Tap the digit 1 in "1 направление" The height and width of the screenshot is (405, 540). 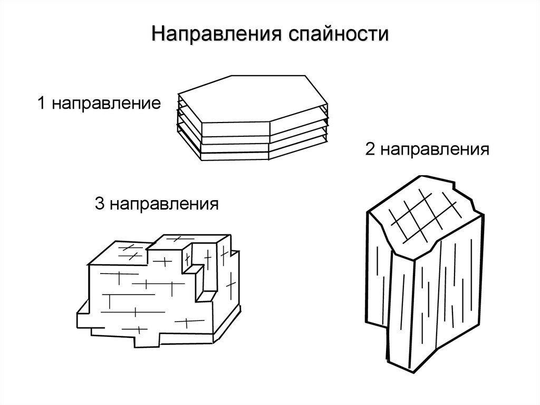40,103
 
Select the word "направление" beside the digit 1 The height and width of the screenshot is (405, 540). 105,103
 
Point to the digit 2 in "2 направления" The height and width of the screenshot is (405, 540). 369,150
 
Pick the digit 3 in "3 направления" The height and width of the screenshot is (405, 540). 99,203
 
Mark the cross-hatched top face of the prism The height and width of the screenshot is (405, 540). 422,214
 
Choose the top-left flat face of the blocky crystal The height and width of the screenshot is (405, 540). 121,253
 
